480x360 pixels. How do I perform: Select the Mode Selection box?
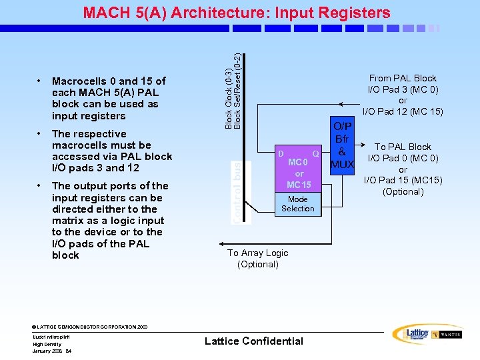pyautogui.click(x=297, y=204)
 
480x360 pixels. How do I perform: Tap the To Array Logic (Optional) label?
pyautogui.click(x=258, y=259)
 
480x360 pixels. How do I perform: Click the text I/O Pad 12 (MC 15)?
pyautogui.click(x=403, y=111)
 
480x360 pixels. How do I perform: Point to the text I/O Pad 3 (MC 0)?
pyautogui.click(x=403, y=89)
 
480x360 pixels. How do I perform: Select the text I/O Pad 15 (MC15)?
pyautogui.click(x=403, y=181)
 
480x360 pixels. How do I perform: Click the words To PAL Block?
pyautogui.click(x=403, y=147)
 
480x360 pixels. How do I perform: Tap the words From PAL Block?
pyautogui.click(x=403, y=78)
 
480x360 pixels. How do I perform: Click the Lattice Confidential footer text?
pyautogui.click(x=254, y=341)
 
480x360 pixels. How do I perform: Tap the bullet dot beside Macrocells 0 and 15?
pyautogui.click(x=40, y=81)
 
